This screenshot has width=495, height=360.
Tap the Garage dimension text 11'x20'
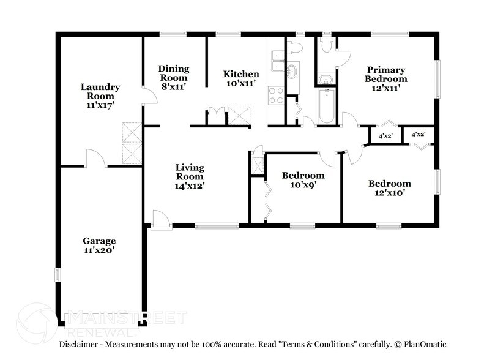click(x=99, y=250)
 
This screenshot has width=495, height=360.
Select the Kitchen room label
click(x=241, y=74)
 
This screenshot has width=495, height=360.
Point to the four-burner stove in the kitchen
click(x=276, y=96)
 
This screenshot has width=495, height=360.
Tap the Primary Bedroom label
click(x=385, y=74)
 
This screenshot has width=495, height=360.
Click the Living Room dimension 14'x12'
click(x=190, y=186)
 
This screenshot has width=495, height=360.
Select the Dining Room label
click(x=174, y=73)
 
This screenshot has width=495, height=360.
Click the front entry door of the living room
click(x=161, y=219)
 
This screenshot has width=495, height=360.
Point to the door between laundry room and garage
click(x=96, y=158)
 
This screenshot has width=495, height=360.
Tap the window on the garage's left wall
click(x=58, y=275)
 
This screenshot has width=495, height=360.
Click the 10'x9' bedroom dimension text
click(x=303, y=185)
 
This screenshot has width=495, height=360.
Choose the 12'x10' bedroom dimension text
click(x=390, y=193)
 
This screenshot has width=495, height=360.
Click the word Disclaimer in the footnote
click(x=78, y=344)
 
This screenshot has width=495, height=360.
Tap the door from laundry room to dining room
click(x=150, y=95)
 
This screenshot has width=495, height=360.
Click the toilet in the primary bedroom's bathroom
click(x=326, y=45)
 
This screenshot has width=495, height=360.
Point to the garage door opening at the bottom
click(x=102, y=322)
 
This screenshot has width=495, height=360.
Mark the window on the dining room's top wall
click(x=173, y=33)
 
